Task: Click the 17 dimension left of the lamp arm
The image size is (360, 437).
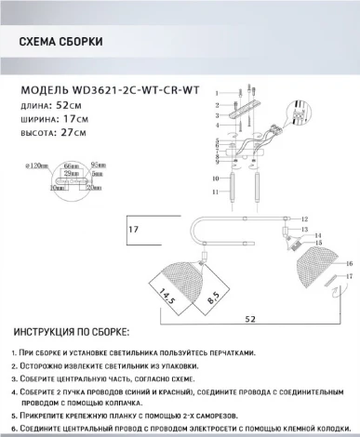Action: [133, 229]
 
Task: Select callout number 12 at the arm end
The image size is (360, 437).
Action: [303, 218]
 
